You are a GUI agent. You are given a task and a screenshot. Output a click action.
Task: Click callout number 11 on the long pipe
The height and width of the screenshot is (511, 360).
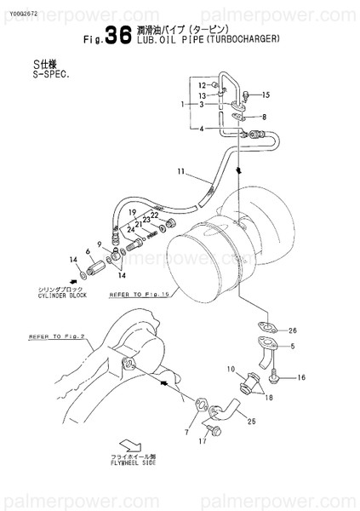click(x=181, y=173)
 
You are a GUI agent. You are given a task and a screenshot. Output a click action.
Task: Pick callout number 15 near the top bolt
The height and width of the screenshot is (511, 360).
click(x=266, y=95)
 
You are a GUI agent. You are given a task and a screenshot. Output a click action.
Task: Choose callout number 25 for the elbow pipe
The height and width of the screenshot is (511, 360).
click(x=252, y=421)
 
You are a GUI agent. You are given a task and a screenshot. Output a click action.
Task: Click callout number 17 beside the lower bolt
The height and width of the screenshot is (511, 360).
click(x=203, y=442)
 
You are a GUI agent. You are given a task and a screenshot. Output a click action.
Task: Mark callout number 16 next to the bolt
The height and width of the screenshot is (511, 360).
click(x=300, y=377)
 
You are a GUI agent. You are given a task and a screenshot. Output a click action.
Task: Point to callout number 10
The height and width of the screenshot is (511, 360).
click(x=230, y=368)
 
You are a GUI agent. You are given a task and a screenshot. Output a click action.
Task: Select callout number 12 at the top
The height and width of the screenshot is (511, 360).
click(x=202, y=85)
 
